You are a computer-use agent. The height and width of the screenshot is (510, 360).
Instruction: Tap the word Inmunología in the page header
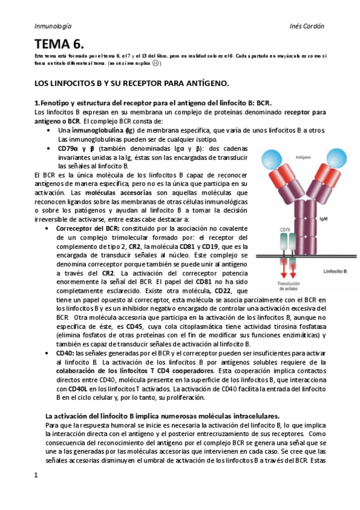(53, 26)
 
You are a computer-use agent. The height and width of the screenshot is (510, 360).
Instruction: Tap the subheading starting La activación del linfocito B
(162, 416)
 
